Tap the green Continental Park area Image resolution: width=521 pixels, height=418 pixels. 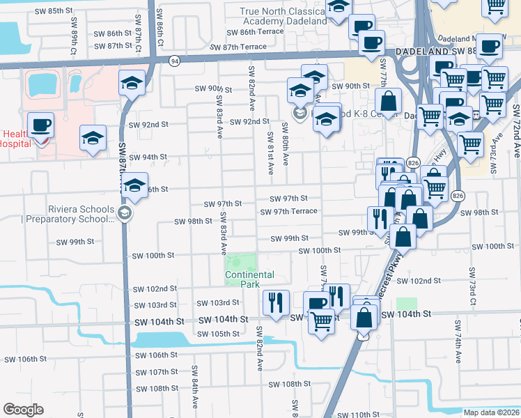tap(240, 263)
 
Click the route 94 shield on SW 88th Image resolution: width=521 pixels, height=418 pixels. tap(173, 61)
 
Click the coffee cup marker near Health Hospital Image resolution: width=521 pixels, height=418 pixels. tap(40, 125)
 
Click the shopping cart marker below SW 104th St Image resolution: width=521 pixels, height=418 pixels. tap(320, 322)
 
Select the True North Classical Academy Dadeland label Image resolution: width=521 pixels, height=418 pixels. tap(283, 16)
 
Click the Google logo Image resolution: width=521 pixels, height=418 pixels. tap(23, 410)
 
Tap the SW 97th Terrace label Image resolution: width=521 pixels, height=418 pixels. tap(289, 211)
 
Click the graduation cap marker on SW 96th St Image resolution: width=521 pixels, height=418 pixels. tap(135, 185)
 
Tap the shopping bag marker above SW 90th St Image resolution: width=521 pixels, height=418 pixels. tap(388, 101)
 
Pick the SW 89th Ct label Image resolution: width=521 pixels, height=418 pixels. tap(72, 42)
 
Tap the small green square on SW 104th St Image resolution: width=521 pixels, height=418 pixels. tap(407, 304)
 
